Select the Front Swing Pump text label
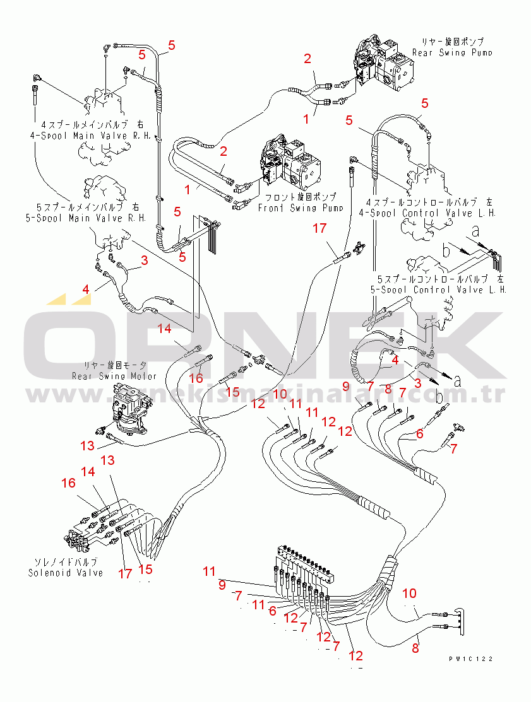click(300, 208)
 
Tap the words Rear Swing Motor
click(114, 377)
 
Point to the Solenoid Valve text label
click(66, 573)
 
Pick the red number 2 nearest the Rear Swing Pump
click(307, 59)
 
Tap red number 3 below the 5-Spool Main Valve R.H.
click(145, 260)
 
